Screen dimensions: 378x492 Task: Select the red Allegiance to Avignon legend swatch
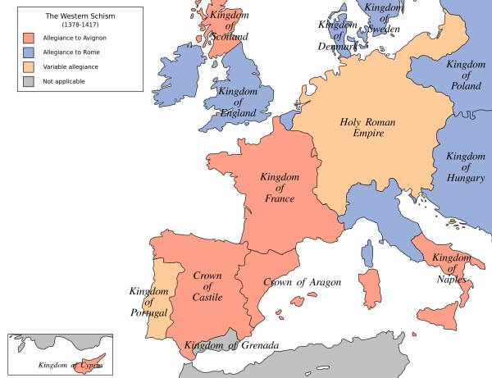click(28, 37)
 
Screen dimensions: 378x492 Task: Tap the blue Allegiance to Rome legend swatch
click(28, 52)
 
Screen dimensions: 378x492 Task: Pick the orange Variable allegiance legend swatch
click(28, 66)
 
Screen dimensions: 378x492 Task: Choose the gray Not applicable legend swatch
click(28, 81)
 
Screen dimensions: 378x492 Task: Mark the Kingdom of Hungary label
click(465, 166)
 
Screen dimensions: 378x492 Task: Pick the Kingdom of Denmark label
click(339, 34)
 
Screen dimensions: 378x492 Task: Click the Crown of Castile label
click(208, 287)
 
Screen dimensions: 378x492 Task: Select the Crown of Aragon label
click(301, 282)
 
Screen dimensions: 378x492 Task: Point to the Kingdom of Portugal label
click(149, 303)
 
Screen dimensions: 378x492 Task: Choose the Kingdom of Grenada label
click(233, 345)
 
